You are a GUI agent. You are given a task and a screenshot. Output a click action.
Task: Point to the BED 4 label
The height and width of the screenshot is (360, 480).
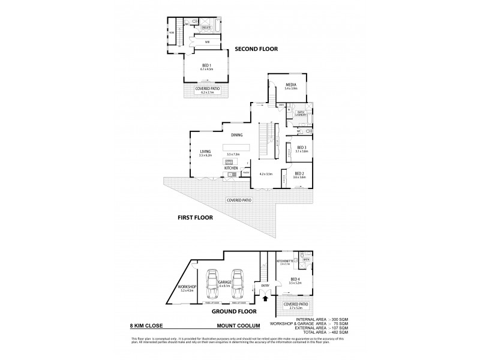tap(294, 280)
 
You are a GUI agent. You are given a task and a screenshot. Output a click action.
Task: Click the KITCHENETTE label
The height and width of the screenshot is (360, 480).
tap(284, 262)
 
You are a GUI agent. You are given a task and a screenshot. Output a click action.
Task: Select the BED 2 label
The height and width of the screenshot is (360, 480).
tap(299, 174)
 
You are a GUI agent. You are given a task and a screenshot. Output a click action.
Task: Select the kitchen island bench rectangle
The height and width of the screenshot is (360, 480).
tap(236, 148)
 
